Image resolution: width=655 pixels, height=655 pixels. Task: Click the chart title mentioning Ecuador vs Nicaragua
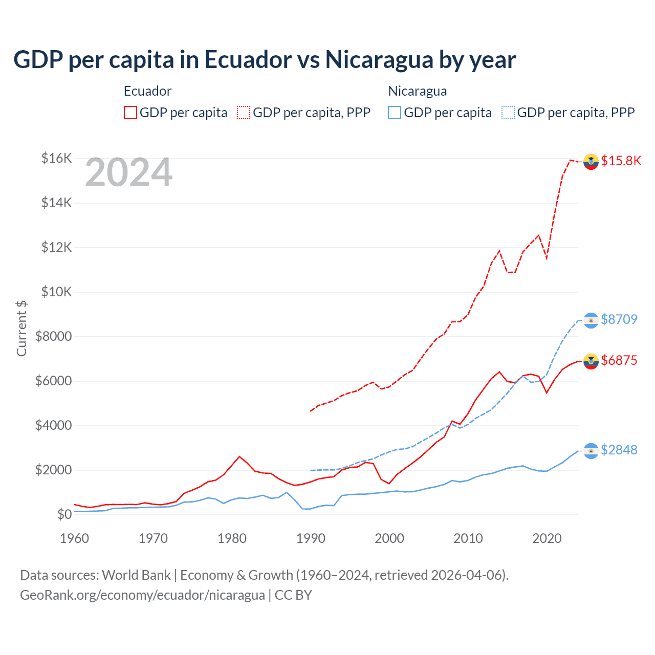(x=264, y=60)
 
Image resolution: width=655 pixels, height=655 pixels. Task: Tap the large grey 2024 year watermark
(x=128, y=173)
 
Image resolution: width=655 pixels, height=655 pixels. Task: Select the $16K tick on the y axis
(x=56, y=158)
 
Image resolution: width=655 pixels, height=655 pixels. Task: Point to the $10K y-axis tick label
(x=56, y=292)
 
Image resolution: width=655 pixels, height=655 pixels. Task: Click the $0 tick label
(x=64, y=514)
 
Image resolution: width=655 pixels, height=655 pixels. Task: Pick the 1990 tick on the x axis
(x=311, y=538)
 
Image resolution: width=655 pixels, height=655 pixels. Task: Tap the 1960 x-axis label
(x=75, y=538)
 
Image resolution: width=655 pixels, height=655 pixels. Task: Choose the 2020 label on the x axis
(x=547, y=538)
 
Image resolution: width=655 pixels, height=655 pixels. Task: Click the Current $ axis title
(x=21, y=329)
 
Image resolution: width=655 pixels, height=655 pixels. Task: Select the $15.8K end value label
(x=621, y=161)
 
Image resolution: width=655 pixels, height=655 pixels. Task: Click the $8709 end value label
(x=619, y=319)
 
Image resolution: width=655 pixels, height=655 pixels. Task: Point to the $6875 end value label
(x=619, y=360)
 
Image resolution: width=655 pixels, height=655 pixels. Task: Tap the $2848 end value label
(x=619, y=450)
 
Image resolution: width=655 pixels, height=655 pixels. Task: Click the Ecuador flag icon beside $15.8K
(x=591, y=161)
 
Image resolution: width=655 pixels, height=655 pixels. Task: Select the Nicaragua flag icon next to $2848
(x=591, y=450)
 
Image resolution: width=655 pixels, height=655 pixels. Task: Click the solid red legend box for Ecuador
(x=130, y=113)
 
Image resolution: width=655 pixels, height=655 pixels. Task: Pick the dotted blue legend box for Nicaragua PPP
(x=508, y=113)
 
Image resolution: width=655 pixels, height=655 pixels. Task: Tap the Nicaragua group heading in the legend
(x=418, y=91)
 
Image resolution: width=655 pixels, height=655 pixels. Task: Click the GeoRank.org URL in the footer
(x=142, y=595)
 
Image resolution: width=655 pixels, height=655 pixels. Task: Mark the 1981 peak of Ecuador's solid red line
(x=239, y=456)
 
